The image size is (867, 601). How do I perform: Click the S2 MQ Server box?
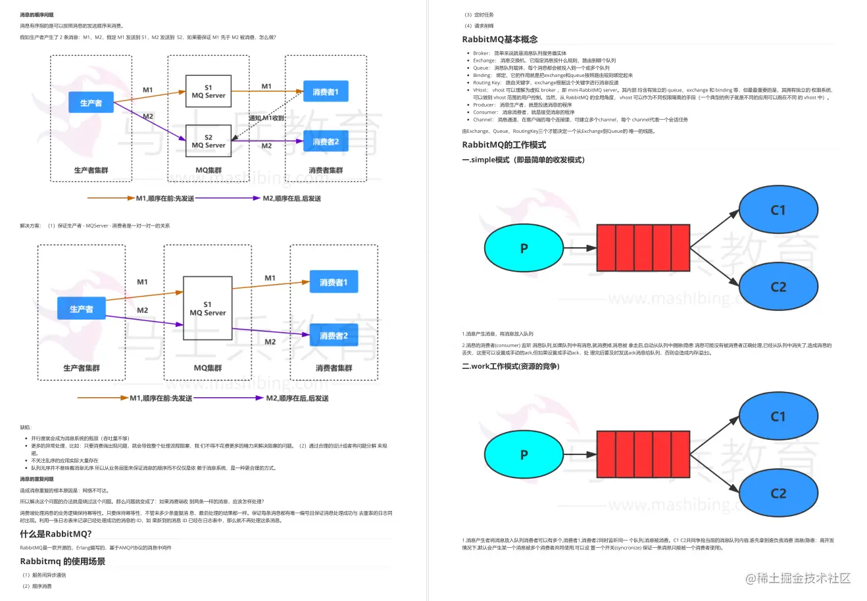[x=208, y=141]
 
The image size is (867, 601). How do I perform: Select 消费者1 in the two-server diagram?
[x=326, y=92]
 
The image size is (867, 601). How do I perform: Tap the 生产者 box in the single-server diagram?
[x=82, y=309]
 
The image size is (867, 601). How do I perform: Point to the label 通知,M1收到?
[x=266, y=118]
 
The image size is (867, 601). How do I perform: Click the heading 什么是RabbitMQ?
[x=56, y=534]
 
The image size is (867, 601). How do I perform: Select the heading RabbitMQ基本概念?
[x=500, y=39]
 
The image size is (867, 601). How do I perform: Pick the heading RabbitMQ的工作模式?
[x=504, y=145]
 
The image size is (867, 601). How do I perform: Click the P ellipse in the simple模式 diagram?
[x=524, y=248]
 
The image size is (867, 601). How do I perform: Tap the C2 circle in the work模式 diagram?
[x=778, y=493]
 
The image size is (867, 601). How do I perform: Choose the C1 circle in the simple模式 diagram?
[x=778, y=210]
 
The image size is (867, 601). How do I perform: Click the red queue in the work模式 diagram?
[x=643, y=454]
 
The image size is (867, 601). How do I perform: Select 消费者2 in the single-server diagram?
[x=334, y=335]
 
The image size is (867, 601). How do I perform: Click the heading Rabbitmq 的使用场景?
[x=62, y=562]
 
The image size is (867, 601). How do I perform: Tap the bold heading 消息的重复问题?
[x=37, y=479]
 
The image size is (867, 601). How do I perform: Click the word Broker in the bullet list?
[x=481, y=53]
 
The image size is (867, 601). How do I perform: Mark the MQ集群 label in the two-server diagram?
[x=209, y=170]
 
